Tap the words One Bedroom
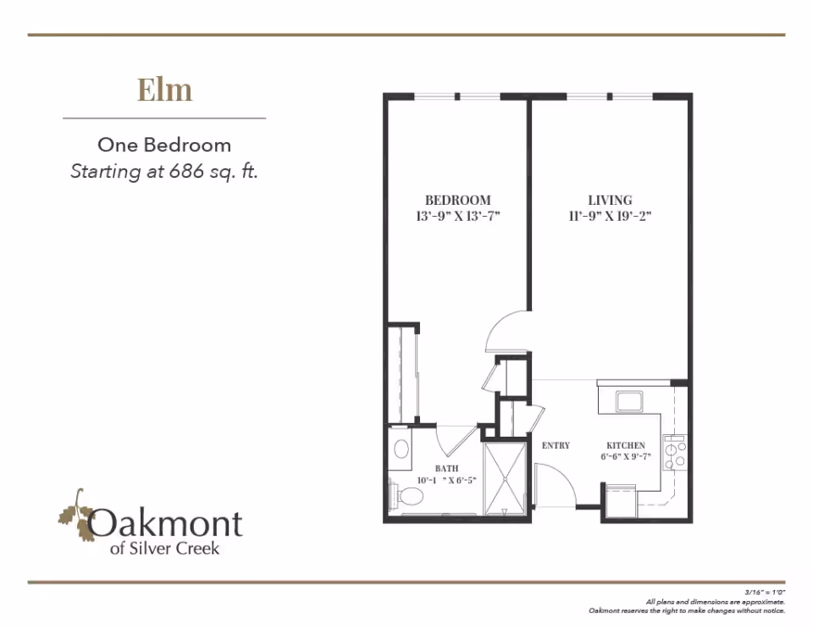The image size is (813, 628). (x=164, y=145)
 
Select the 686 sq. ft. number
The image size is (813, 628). (x=182, y=171)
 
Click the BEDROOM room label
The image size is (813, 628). (x=458, y=200)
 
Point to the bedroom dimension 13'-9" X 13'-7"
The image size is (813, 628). (x=458, y=216)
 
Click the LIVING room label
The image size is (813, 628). (x=610, y=200)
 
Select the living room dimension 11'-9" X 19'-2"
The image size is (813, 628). (x=610, y=216)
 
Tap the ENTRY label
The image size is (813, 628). (x=556, y=445)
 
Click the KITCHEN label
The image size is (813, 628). (x=626, y=445)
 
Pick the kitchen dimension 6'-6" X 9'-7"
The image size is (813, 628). (x=626, y=456)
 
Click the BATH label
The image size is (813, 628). (x=446, y=468)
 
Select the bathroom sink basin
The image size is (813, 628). (x=401, y=449)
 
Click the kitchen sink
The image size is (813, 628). (x=629, y=401)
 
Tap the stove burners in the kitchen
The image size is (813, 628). (x=675, y=452)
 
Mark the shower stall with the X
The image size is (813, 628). (x=505, y=478)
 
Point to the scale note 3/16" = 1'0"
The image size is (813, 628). (x=766, y=592)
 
